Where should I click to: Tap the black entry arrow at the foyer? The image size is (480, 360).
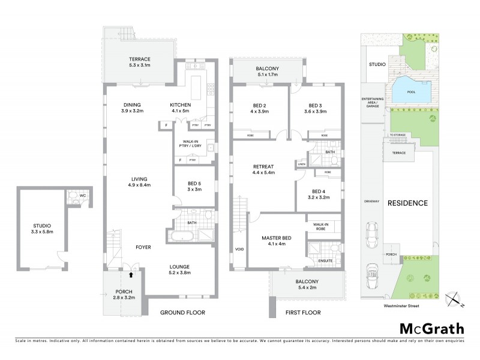point(131,275)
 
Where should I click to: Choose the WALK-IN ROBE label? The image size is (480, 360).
point(321,227)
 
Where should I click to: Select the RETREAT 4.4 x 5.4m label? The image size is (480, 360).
point(263,169)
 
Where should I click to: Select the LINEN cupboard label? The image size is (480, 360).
point(301,164)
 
